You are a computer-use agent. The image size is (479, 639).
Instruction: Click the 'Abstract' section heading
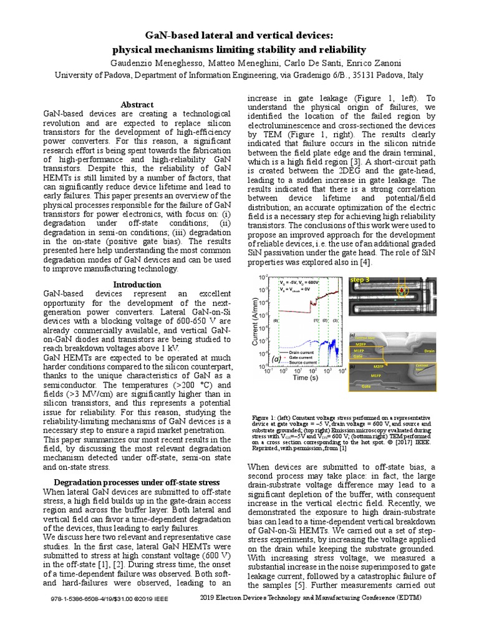coord(137,105)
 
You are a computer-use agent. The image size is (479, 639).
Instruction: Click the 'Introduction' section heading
coord(137,284)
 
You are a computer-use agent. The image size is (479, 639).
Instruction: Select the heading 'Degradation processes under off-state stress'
coord(137,482)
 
